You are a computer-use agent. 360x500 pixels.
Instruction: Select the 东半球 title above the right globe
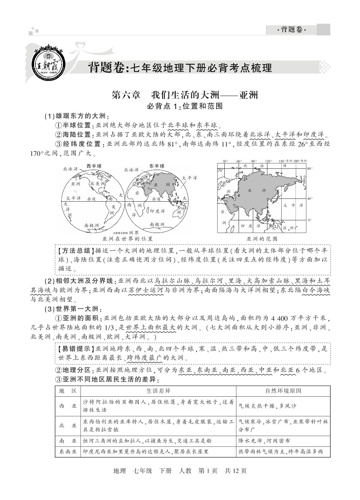[157, 166]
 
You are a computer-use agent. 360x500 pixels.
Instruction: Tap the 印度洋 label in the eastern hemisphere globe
[157, 211]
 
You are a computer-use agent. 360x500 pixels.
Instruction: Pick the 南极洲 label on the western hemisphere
[91, 225]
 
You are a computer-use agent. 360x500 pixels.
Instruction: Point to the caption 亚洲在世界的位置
[128, 239]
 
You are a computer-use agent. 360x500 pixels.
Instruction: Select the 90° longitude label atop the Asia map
[253, 161]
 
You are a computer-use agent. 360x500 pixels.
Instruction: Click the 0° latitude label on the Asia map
[310, 220]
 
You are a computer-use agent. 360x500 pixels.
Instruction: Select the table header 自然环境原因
[283, 391]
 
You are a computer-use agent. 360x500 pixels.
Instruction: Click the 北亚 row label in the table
[68, 425]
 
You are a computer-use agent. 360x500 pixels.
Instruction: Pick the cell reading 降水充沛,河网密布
[264, 441]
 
